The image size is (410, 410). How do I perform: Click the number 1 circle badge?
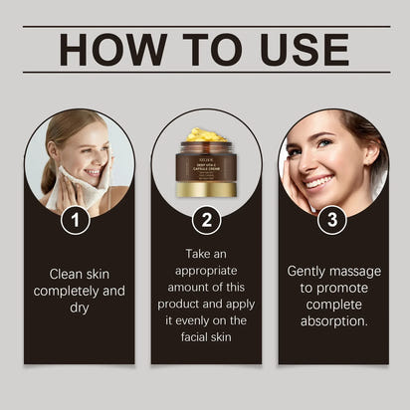point(75,219)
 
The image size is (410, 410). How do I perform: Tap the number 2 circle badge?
point(205,219)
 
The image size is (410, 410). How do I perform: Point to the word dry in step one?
point(80,307)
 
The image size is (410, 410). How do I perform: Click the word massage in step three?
point(353,271)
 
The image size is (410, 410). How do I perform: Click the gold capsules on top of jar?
point(206,134)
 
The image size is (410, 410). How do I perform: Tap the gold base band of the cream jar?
point(206,188)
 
